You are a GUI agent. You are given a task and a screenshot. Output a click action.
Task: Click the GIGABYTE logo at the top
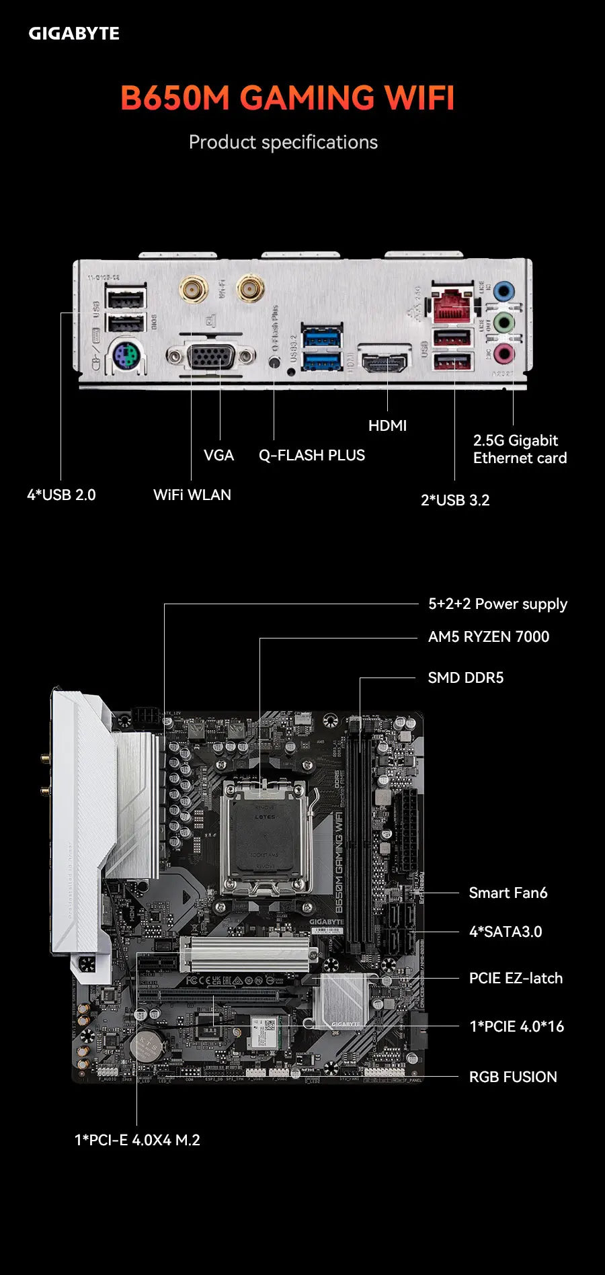coord(74,34)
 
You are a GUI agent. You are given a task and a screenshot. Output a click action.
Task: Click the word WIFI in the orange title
coord(419,97)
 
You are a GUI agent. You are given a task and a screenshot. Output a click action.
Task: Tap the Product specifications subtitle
coord(283,142)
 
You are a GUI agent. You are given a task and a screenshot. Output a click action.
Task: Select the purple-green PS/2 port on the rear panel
coord(126,356)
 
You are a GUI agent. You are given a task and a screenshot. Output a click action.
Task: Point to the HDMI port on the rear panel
coord(385,363)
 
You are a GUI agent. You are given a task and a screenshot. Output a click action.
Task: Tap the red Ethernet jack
coord(452,306)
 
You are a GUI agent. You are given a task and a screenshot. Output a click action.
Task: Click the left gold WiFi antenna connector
coord(193,290)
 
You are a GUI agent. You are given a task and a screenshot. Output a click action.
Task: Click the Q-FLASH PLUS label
coord(312,456)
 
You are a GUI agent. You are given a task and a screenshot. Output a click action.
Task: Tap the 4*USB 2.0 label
coord(61,495)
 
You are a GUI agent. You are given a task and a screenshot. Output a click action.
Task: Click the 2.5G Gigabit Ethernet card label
coord(520,449)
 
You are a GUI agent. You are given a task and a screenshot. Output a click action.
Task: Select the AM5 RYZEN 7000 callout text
coord(489,637)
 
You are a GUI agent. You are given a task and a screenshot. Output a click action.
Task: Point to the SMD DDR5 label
coord(466,678)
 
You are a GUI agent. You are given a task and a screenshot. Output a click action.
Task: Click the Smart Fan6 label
coord(508,893)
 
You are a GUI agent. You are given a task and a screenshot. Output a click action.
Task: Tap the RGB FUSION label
coord(513,1077)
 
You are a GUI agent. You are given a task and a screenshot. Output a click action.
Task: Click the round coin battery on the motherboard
coord(147,1045)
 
